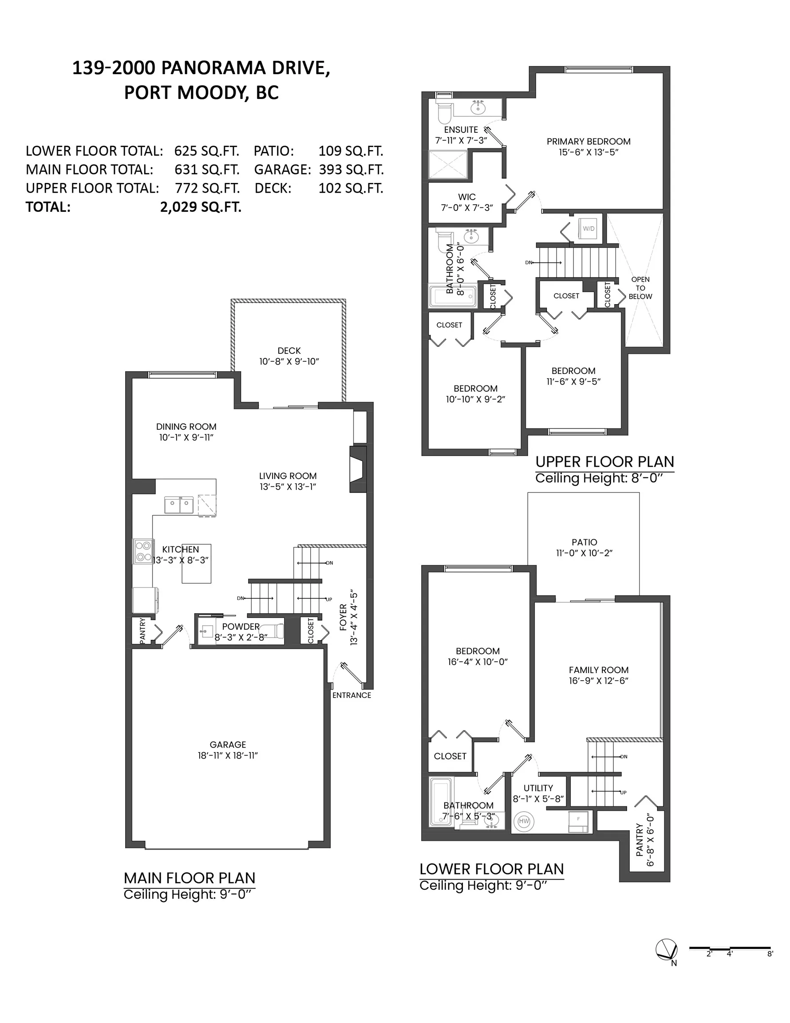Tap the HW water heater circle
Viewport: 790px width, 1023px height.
click(524, 821)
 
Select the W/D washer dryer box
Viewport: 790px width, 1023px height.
click(588, 229)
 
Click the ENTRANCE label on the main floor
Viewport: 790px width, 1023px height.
click(352, 695)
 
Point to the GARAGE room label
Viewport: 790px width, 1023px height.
click(228, 744)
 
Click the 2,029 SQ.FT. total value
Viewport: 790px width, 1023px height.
click(201, 206)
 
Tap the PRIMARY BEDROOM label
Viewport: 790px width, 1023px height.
click(588, 142)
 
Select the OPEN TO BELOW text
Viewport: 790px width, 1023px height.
click(640, 288)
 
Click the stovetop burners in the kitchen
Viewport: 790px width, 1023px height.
click(143, 551)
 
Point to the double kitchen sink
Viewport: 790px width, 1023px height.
click(179, 505)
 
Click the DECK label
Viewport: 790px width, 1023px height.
click(289, 350)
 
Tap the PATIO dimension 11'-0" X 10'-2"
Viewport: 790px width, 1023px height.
click(584, 553)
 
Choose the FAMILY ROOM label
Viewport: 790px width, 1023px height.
click(598, 670)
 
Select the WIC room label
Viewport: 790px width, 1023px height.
click(466, 197)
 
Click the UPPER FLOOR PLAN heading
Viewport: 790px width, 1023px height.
click(604, 462)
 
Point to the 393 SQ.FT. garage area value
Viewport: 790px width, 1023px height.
click(351, 170)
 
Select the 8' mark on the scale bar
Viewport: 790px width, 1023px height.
click(770, 954)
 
